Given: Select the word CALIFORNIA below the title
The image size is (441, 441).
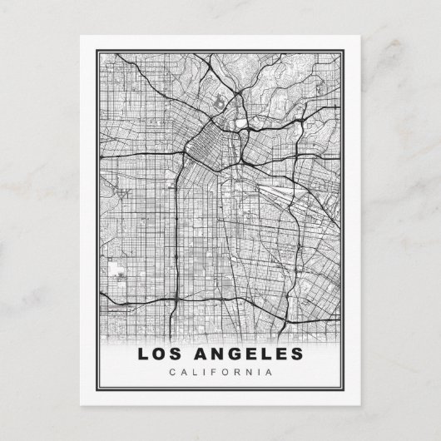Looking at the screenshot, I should click(x=220, y=372).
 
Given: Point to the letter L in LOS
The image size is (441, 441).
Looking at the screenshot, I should click(x=142, y=354).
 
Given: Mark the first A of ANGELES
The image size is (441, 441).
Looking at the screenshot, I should click(x=199, y=354).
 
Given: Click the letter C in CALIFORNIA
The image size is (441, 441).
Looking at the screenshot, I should click(x=171, y=372).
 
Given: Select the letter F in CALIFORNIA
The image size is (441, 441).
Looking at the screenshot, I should click(x=213, y=372).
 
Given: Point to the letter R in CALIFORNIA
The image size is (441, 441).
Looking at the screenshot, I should click(x=236, y=372).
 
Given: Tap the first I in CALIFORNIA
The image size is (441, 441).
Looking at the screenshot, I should click(x=204, y=372).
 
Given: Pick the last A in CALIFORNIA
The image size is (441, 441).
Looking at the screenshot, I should click(x=269, y=372).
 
